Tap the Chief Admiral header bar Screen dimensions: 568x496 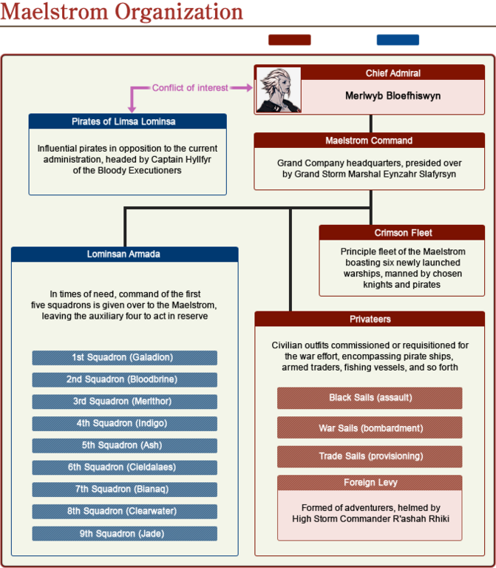[393, 73]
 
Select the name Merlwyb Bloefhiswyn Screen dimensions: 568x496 [393, 95]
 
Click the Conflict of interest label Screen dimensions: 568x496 [190, 88]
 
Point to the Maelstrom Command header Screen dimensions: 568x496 [369, 141]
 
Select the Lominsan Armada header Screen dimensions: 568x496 [123, 254]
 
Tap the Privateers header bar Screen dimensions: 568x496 [370, 319]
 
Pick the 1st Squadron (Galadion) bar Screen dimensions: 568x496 [124, 358]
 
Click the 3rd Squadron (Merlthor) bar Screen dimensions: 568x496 [124, 402]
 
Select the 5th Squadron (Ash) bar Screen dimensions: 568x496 [124, 445]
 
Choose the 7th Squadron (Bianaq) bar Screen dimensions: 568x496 [124, 490]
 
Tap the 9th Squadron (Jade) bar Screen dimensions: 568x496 [124, 533]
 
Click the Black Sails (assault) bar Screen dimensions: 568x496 [370, 398]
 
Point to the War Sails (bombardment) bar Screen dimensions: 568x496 [370, 427]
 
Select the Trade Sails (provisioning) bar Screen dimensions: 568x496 [370, 456]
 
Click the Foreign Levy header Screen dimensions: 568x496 [370, 483]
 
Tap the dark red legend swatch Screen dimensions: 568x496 [289, 39]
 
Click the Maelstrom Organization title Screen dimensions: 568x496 [122, 12]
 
